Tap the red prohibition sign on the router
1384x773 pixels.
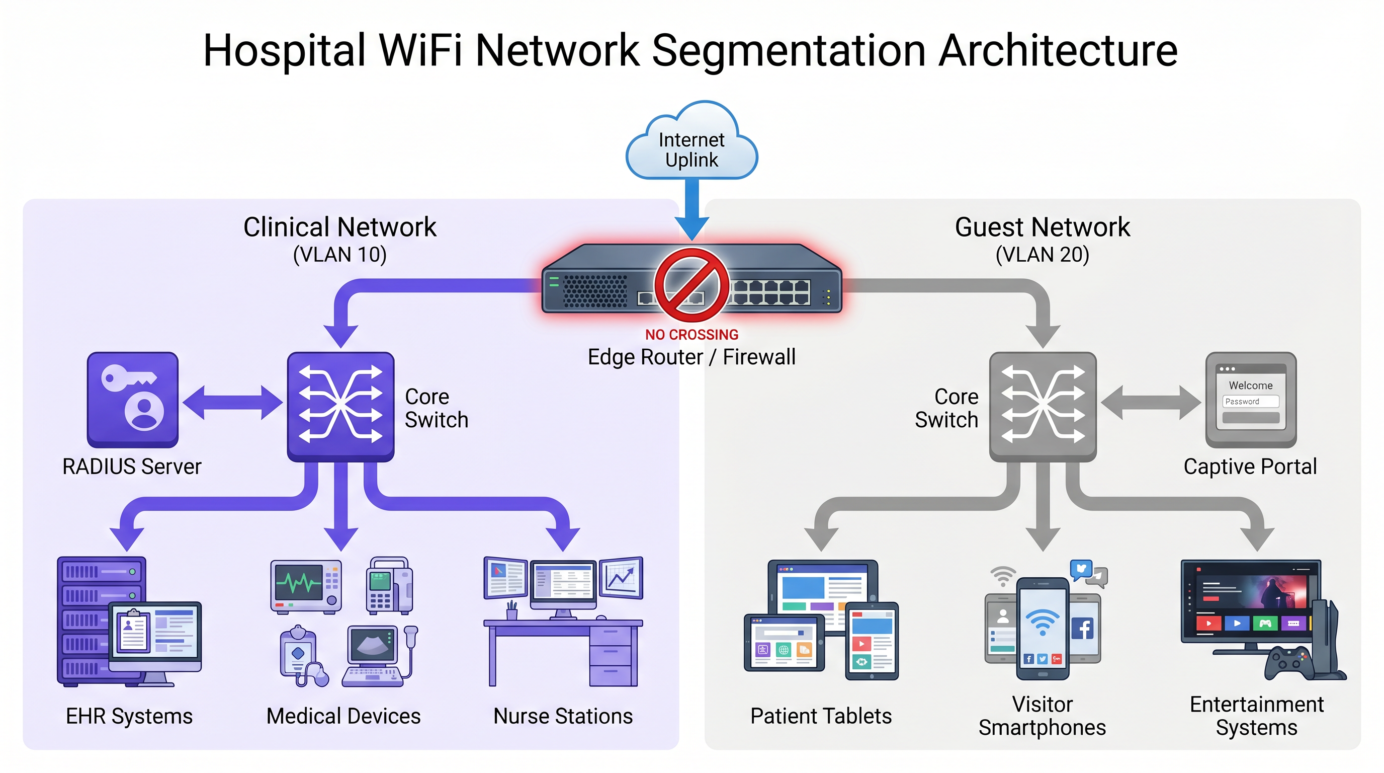tap(691, 285)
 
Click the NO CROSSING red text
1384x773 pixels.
tap(691, 334)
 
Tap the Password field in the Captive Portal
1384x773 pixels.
tap(1250, 401)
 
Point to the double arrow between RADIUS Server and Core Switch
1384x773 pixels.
tap(232, 402)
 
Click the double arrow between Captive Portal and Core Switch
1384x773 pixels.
tap(1150, 402)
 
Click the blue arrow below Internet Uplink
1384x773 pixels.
tap(691, 210)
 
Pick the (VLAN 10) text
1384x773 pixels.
tap(339, 254)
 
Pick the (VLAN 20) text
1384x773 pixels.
tap(1043, 254)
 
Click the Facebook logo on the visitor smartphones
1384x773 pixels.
tap(1083, 628)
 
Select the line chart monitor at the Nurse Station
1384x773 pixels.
tap(621, 578)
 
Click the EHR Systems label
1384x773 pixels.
tap(129, 716)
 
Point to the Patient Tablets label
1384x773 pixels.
tap(820, 716)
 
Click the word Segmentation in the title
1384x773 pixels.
tap(789, 50)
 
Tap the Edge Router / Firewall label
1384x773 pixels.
tap(691, 357)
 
